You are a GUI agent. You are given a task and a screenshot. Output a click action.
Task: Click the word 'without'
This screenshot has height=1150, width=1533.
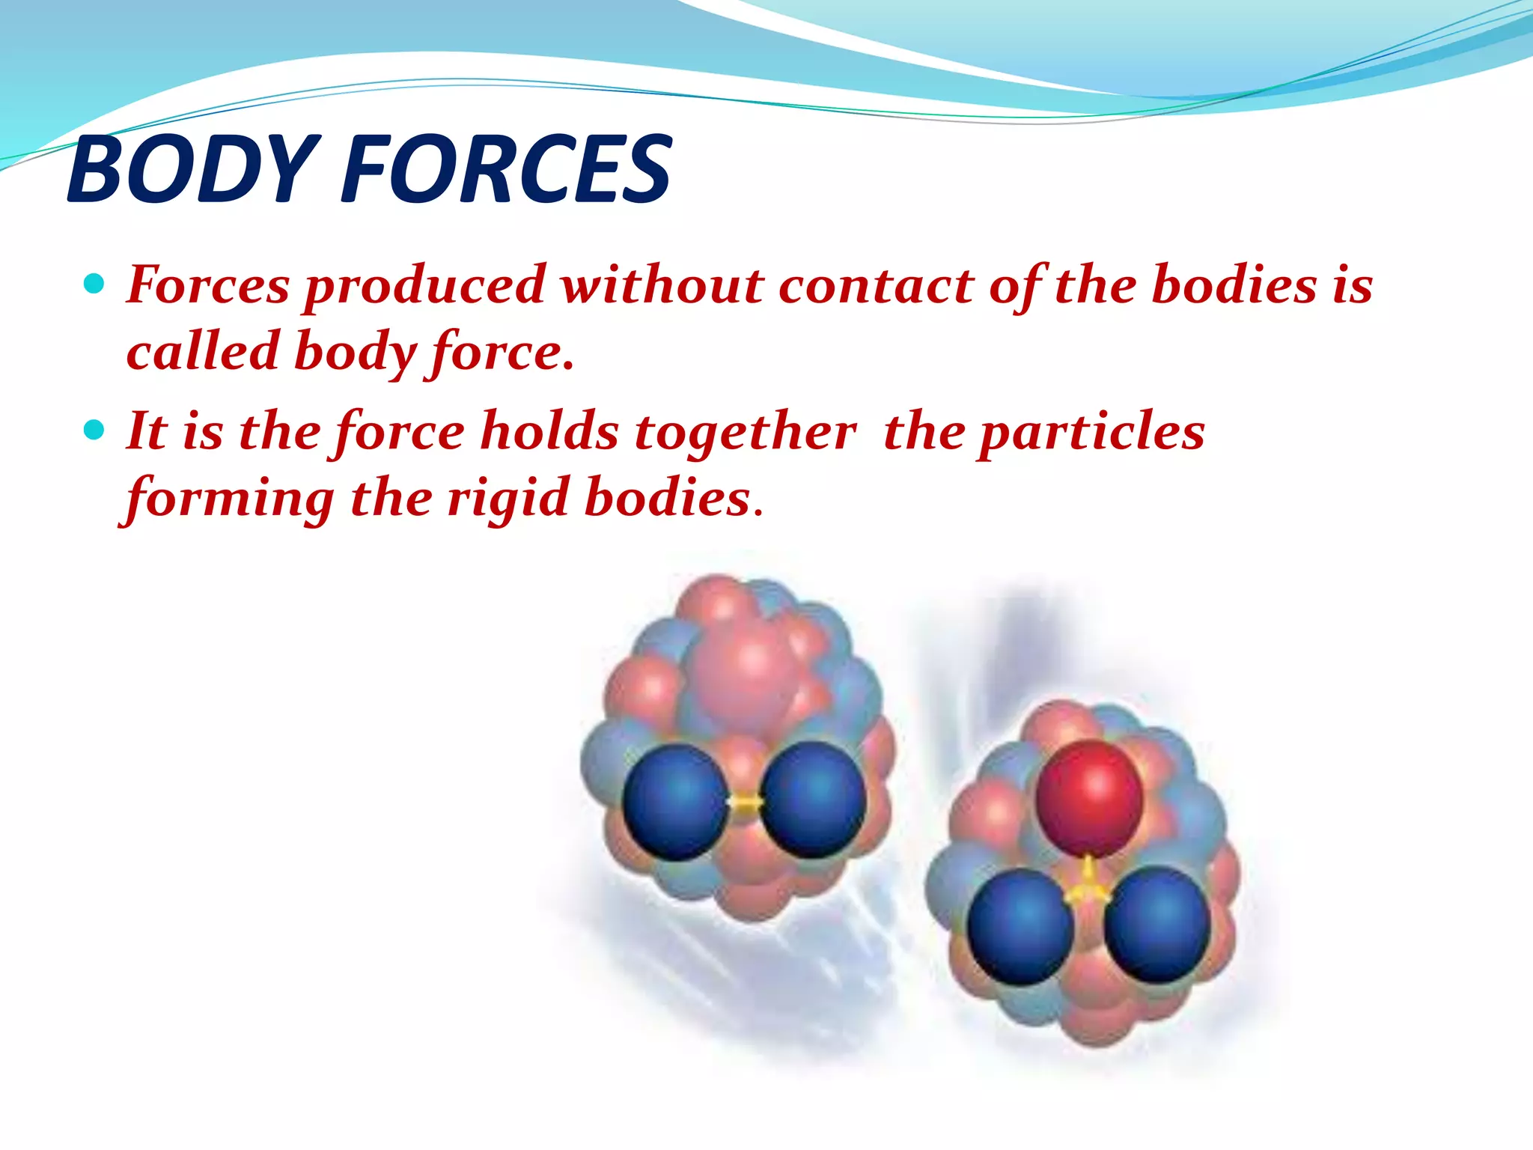663,285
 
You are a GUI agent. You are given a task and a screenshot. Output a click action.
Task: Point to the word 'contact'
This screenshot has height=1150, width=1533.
874,287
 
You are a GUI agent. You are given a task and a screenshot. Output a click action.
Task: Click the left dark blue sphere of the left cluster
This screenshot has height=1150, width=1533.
674,802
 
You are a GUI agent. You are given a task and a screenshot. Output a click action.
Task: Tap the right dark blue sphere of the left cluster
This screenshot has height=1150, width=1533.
813,800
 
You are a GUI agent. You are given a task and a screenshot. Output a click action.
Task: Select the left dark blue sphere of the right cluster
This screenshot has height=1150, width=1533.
1020,925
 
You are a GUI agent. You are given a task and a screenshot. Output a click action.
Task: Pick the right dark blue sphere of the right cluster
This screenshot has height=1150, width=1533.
1157,925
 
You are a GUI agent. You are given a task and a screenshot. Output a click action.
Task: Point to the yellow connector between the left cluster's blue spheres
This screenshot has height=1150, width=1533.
745,803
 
